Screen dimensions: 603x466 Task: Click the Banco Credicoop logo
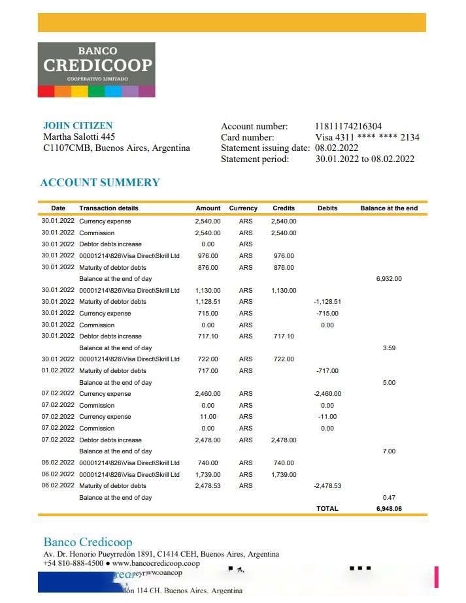(96, 69)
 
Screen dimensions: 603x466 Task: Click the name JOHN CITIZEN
(78, 125)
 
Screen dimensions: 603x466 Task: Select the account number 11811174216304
(348, 126)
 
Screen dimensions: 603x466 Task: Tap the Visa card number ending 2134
(367, 137)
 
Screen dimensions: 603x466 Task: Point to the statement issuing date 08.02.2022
(337, 148)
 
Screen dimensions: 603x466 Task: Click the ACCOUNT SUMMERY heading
(100, 182)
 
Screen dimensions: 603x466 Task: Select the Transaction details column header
(108, 208)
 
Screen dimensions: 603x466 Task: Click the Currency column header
(243, 208)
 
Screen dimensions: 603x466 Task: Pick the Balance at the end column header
(389, 208)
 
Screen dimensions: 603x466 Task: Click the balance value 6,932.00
(389, 279)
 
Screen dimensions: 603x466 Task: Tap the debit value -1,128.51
(327, 302)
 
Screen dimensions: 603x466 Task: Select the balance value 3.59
(389, 348)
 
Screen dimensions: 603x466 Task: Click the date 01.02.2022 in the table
(58, 371)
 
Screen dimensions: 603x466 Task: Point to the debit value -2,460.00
(327, 394)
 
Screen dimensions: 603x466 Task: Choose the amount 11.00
(208, 417)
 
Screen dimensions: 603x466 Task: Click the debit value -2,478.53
(327, 486)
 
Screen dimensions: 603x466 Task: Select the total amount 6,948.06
(389, 508)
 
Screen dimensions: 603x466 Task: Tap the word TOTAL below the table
(327, 508)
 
